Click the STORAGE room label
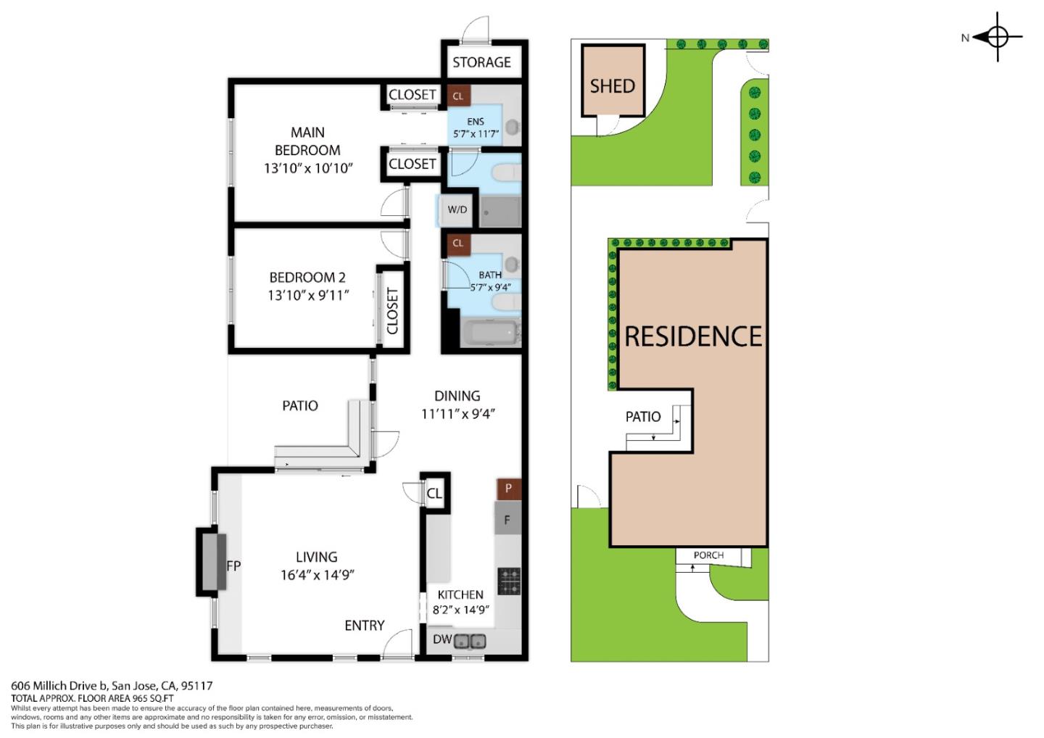(481, 62)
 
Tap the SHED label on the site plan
(612, 86)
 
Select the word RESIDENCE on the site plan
(693, 336)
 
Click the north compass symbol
(997, 36)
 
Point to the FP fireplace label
(233, 566)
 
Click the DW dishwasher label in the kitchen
(442, 640)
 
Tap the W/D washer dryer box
(457, 210)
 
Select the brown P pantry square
(508, 489)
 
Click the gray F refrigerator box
(507, 520)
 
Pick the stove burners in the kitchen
(509, 581)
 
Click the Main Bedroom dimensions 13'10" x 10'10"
(307, 168)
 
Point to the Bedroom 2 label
(307, 278)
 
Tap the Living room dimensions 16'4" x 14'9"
(317, 576)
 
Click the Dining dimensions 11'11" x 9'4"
(457, 415)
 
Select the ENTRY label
(364, 626)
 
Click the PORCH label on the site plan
(708, 555)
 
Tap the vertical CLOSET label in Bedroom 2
(392, 311)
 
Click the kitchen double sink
(470, 641)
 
